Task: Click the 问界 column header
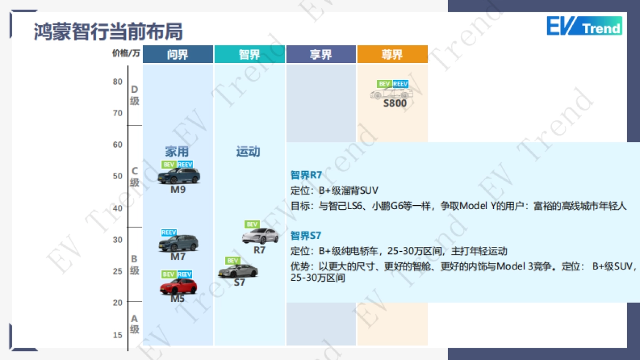tap(178, 54)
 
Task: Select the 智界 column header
tap(250, 54)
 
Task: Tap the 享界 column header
tap(321, 54)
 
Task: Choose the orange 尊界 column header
tap(392, 54)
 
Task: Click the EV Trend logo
tap(584, 27)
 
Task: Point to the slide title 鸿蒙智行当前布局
tap(108, 31)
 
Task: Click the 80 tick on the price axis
tap(117, 82)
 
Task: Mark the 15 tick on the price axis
tap(117, 335)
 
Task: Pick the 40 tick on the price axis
tap(117, 208)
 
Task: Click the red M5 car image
tap(178, 286)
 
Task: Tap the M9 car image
tap(179, 175)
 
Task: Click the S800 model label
tap(395, 103)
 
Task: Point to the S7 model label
tap(239, 283)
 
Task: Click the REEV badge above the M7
tap(169, 233)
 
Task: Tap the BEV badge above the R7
tap(252, 225)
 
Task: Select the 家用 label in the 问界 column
tap(177, 152)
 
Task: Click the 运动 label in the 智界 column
tap(248, 152)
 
